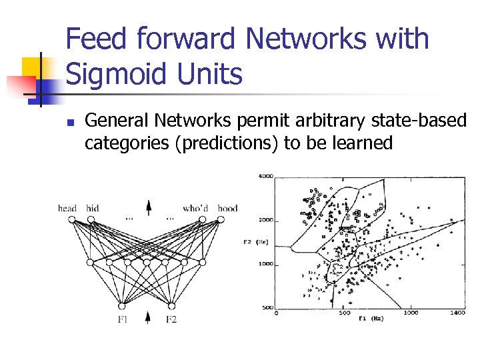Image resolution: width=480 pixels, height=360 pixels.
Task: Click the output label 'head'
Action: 67,209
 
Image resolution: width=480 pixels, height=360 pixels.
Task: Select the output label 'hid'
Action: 92,209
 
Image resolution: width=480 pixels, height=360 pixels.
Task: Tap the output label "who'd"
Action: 195,209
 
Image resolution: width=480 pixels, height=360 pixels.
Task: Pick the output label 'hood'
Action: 227,209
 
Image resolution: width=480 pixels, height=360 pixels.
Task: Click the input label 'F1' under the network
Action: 123,320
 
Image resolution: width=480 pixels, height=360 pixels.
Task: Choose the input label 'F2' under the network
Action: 171,320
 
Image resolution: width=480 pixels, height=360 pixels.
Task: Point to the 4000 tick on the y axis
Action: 266,177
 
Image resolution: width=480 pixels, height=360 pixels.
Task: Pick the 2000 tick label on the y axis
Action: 266,219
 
